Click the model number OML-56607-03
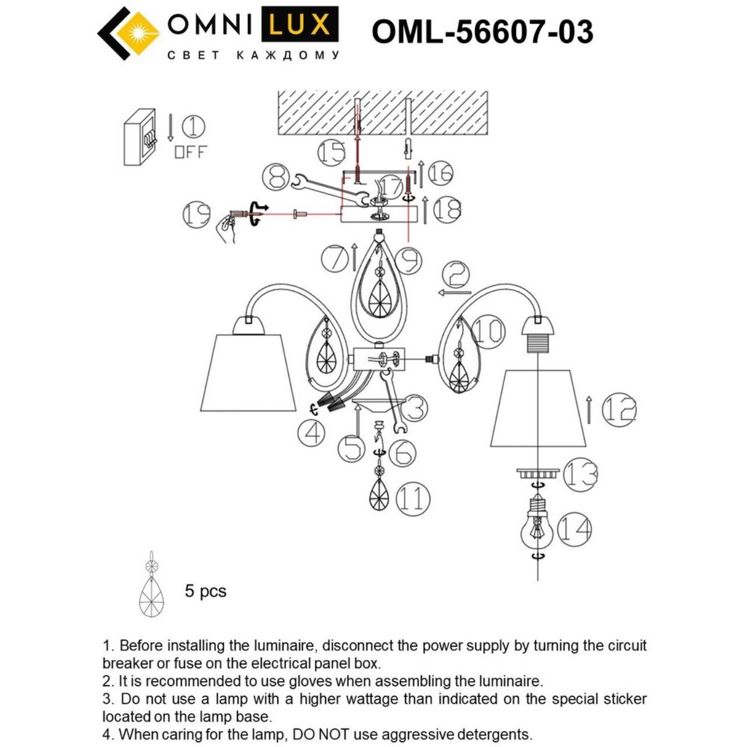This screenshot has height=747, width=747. coord(482,32)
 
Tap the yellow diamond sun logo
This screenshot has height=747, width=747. coord(138,33)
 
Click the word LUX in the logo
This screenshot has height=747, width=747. coord(299,25)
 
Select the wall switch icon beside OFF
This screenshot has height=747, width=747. coord(140,138)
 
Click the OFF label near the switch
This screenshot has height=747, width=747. coord(190,152)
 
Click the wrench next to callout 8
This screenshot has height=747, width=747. coord(327,189)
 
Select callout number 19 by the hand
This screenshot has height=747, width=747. coord(196,214)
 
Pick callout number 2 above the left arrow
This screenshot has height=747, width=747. coord(456,274)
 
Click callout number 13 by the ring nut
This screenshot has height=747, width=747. coord(580,474)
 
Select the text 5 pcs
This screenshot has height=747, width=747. coord(205,591)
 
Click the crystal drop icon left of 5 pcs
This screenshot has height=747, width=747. coord(152,585)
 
